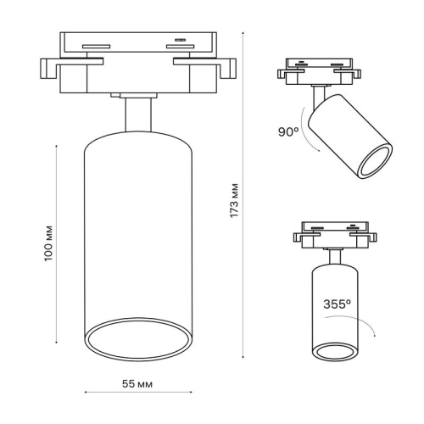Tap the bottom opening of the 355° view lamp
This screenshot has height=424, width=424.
pyautogui.click(x=337, y=351)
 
